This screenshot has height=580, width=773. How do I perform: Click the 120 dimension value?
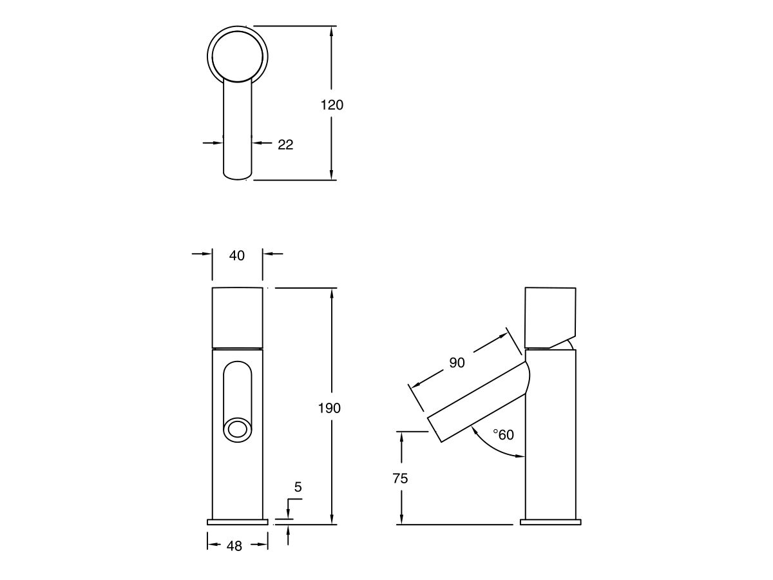(332, 104)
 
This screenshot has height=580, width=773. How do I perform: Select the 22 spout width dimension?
(285, 145)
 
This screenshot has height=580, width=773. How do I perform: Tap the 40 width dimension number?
(237, 255)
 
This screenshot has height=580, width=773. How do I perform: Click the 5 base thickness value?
(298, 487)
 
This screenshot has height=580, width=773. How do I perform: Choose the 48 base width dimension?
(235, 546)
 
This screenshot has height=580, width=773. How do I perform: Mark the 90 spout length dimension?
(457, 363)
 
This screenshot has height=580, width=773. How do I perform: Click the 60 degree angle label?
(504, 435)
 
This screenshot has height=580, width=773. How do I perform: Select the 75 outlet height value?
(401, 479)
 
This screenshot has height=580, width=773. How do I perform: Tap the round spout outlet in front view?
(237, 430)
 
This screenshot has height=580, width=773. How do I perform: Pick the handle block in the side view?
(549, 316)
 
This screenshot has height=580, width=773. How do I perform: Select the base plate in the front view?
(237, 521)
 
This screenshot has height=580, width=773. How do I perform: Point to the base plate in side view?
(550, 521)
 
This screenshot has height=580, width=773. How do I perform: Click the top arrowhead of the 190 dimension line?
(332, 293)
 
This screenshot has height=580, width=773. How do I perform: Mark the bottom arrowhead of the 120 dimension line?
(332, 175)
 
